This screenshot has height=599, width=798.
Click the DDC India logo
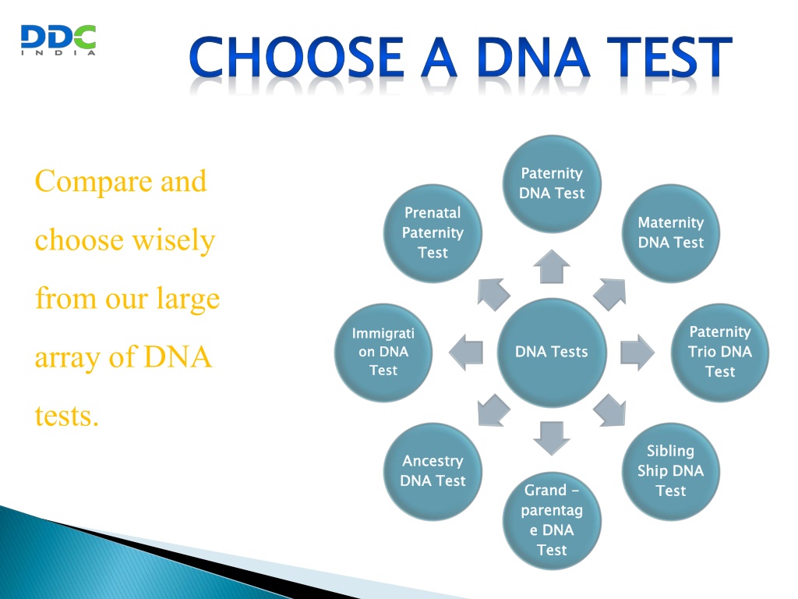coord(58,40)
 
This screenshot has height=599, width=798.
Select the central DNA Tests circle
coord(552,352)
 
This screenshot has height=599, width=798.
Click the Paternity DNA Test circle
coord(552,184)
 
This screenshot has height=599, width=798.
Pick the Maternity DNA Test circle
coord(671,232)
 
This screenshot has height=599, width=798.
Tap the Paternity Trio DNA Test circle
coord(719,352)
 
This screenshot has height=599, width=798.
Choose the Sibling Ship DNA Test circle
coord(671,471)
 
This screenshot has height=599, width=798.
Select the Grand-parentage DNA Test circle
coord(552,520)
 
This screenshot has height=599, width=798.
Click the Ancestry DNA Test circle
coord(433,471)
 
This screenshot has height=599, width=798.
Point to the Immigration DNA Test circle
coord(383,352)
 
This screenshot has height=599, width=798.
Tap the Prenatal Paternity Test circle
coord(433,232)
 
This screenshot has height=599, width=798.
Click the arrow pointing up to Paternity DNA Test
coord(552,267)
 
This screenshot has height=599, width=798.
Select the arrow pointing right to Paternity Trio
coord(637,352)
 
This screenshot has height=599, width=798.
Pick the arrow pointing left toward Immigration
coord(466,352)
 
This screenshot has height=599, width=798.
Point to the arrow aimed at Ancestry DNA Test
coord(493,411)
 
